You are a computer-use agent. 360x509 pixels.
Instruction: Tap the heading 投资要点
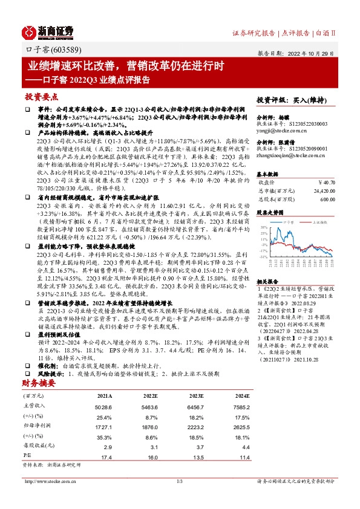pyautogui.click(x=41, y=97)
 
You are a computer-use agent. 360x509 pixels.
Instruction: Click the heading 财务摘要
pyautogui.click(x=39, y=384)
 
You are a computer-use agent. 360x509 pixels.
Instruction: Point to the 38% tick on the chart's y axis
pyautogui.click(x=263, y=228)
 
